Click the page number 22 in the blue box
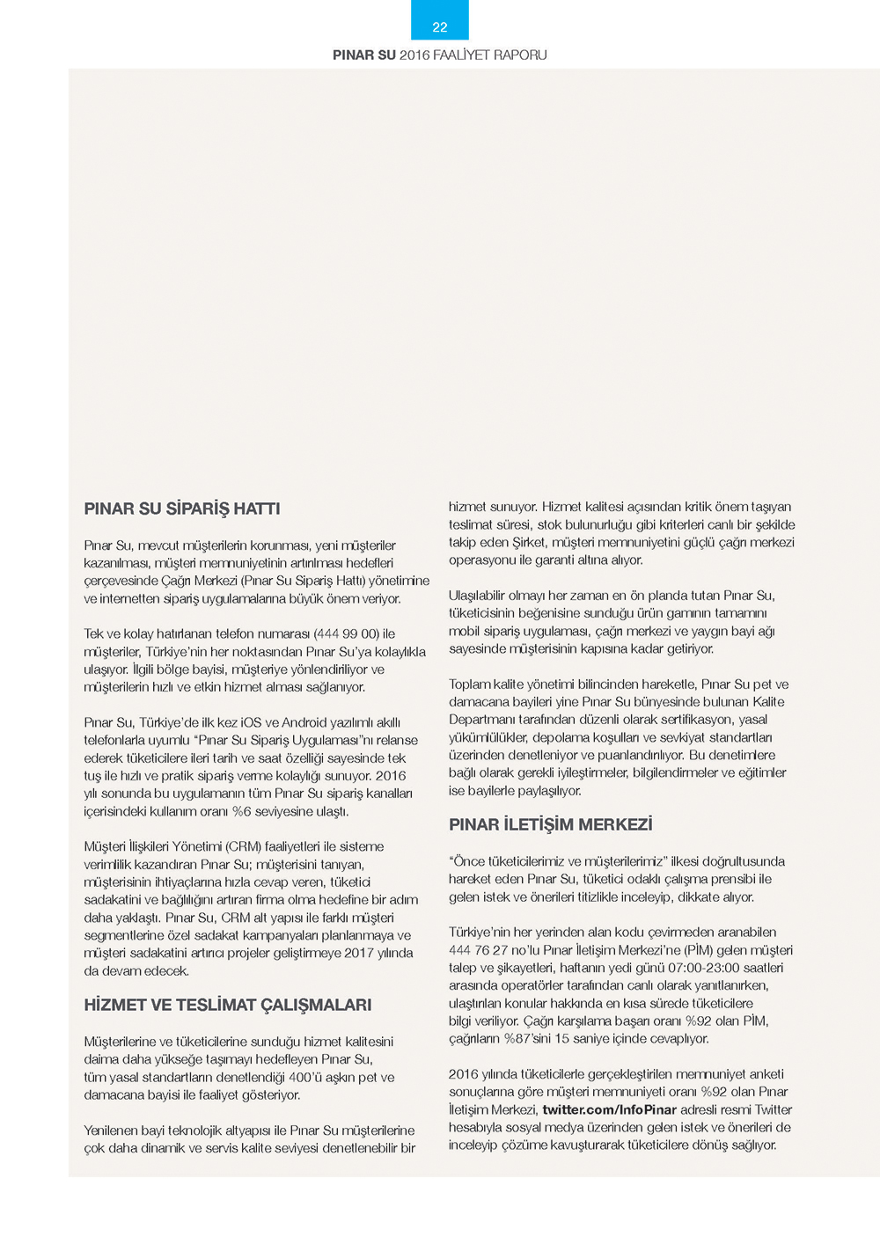pyautogui.click(x=440, y=27)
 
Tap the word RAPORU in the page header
pyautogui.click(x=520, y=55)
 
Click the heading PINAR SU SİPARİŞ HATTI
pyautogui.click(x=182, y=509)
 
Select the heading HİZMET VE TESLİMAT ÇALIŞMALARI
pyautogui.click(x=228, y=1005)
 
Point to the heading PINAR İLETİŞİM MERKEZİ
pyautogui.click(x=551, y=824)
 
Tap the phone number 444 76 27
pyautogui.click(x=478, y=950)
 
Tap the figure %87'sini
pyautogui.click(x=526, y=1039)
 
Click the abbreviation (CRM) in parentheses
pyautogui.click(x=244, y=846)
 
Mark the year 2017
pyautogui.click(x=358, y=953)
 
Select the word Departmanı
pyautogui.click(x=482, y=720)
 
